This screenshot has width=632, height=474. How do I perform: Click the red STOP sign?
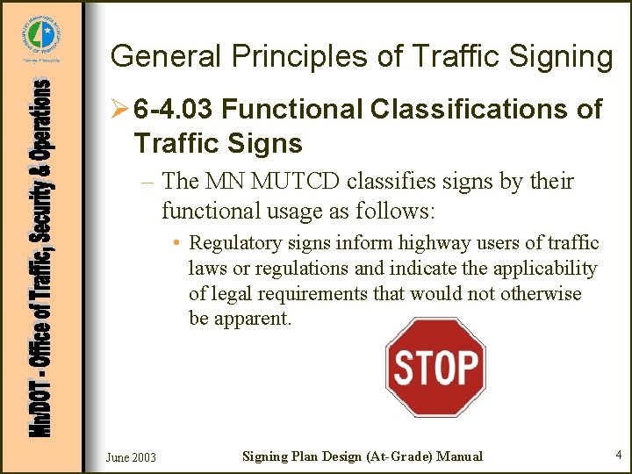pos(435,368)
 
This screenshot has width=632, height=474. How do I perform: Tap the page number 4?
pos(618,455)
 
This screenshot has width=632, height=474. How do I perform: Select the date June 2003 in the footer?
pos(131,456)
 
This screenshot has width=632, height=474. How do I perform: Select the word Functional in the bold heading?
pos(292,110)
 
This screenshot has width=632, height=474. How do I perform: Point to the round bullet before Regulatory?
pos(177,243)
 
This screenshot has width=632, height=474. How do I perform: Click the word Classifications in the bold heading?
pos(470,110)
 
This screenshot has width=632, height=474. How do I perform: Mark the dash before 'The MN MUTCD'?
pos(147,183)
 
